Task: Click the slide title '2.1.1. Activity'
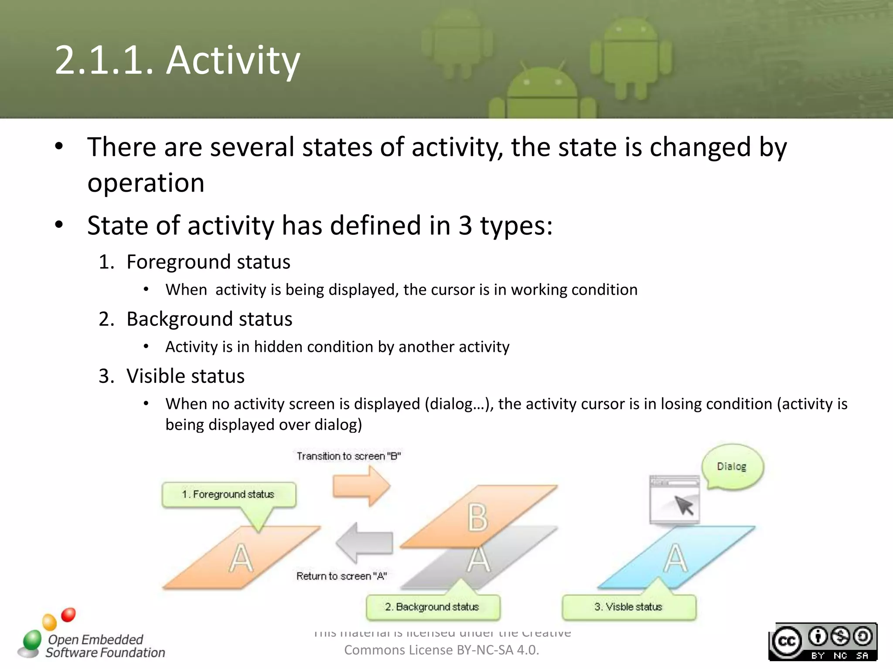tap(177, 60)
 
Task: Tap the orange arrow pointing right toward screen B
tap(360, 486)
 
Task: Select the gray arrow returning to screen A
tap(365, 543)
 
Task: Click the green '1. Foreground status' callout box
tap(228, 494)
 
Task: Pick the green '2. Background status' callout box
tap(433, 607)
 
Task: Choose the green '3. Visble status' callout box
tap(628, 607)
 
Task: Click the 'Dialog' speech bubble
tap(732, 466)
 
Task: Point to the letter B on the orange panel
tap(477, 517)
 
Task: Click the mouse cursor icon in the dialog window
tap(684, 505)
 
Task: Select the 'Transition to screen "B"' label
tap(348, 456)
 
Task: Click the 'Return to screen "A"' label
tap(341, 576)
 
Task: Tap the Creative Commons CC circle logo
tap(787, 641)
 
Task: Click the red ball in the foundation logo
tap(68, 615)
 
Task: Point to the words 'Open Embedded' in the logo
tap(95, 639)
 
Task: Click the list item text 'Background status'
tap(209, 319)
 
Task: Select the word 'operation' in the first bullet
tap(146, 182)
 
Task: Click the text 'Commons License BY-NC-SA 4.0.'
tap(441, 650)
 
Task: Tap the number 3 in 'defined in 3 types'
tap(465, 226)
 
